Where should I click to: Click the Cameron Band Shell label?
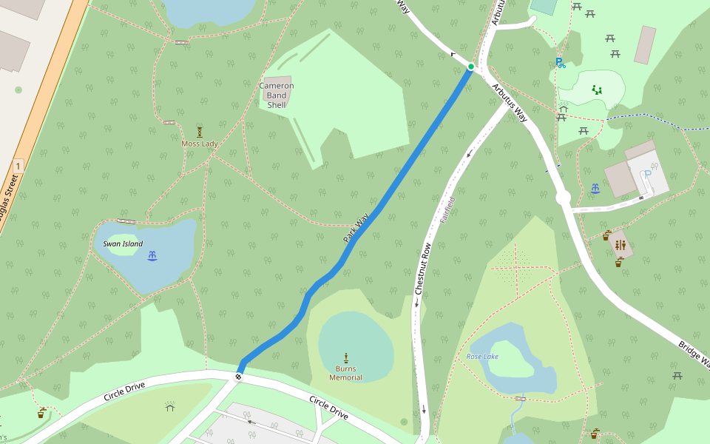tap(277, 95)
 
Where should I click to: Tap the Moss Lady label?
tap(199, 143)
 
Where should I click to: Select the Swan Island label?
tap(123, 243)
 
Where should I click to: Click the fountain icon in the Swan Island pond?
tap(152, 255)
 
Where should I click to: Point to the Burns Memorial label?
tap(345, 373)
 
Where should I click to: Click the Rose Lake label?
tap(482, 357)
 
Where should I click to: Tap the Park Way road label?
tap(356, 229)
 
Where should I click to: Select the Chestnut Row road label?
tap(422, 268)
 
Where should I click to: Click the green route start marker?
tap(470, 67)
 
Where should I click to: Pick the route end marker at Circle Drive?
tap(238, 377)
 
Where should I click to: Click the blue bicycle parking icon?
tap(560, 63)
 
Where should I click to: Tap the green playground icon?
tap(596, 90)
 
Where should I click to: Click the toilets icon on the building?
tap(620, 245)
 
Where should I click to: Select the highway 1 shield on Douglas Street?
tap(18, 166)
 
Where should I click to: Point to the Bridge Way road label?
tap(692, 357)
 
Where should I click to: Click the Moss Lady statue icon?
tap(199, 131)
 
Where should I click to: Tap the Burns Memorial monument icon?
tap(345, 358)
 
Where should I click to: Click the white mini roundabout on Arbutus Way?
tap(563, 198)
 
